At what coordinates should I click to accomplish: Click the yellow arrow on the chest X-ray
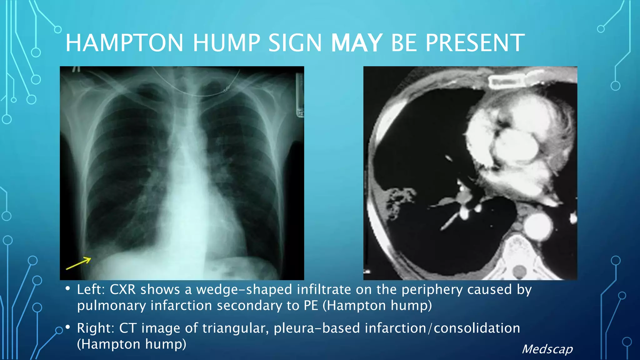(x=78, y=263)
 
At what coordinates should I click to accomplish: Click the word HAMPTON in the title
(x=124, y=43)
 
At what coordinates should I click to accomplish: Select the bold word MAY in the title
(x=357, y=43)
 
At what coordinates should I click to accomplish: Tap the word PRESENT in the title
(x=475, y=43)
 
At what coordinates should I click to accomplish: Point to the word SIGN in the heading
(x=295, y=43)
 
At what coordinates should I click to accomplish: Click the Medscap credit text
(x=547, y=349)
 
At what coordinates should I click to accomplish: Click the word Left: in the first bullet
(x=91, y=290)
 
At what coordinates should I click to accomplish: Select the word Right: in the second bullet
(x=95, y=328)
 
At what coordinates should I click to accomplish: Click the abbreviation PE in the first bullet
(x=311, y=305)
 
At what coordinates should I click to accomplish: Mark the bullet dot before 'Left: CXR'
(x=68, y=289)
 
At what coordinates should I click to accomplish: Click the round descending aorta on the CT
(x=538, y=226)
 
